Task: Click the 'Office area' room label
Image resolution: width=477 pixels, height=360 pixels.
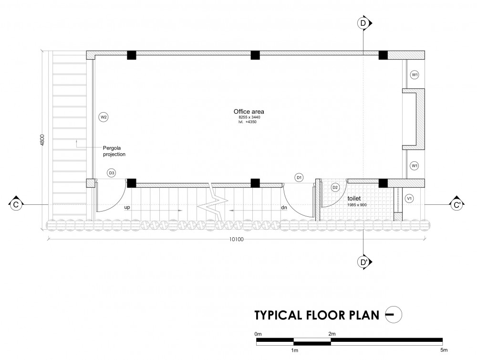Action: (x=249, y=111)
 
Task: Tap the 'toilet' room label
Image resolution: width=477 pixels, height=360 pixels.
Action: (x=354, y=198)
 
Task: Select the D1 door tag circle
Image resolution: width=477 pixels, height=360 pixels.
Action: (x=300, y=178)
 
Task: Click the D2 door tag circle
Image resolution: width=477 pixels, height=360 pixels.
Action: (x=335, y=188)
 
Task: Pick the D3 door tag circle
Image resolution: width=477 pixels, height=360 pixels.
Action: (x=112, y=173)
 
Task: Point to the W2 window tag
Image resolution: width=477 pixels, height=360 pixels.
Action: (x=104, y=117)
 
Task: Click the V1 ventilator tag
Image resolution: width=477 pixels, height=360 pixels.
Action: (x=409, y=199)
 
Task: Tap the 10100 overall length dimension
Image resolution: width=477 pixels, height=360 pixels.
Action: (x=237, y=239)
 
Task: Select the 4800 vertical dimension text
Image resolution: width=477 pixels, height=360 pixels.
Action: (x=42, y=140)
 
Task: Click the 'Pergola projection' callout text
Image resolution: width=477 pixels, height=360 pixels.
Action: (x=114, y=151)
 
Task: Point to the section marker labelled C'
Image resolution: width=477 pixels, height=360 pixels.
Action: (x=456, y=205)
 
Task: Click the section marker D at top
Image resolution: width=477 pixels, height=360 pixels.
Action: (x=364, y=23)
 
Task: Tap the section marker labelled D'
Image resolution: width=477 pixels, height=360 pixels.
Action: (x=364, y=262)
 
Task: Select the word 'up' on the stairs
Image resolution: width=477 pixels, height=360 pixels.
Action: (x=127, y=207)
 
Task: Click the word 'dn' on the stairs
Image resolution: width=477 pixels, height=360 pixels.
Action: (x=284, y=208)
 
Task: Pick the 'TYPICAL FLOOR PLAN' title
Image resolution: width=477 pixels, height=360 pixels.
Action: (x=317, y=315)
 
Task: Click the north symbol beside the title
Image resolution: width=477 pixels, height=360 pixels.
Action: (x=394, y=314)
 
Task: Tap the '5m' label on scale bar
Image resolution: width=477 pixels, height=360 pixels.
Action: (x=444, y=350)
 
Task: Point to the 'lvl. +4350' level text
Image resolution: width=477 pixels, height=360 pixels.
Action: (x=247, y=122)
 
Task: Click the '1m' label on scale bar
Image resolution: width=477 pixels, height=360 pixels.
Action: (x=294, y=350)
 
